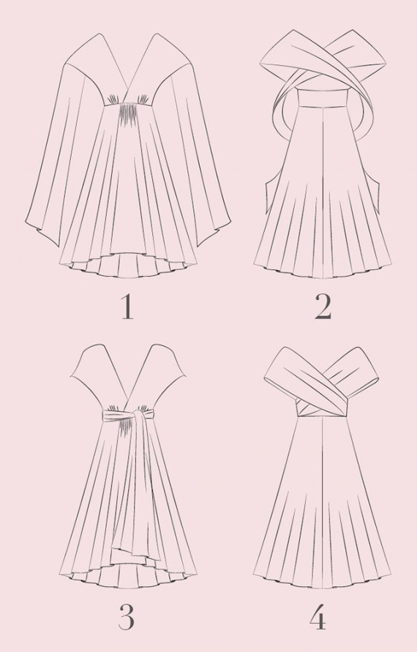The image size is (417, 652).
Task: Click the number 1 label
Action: (127, 307)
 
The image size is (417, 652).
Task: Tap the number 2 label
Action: (323, 307)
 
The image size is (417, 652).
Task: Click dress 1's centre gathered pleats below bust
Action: (127, 113)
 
